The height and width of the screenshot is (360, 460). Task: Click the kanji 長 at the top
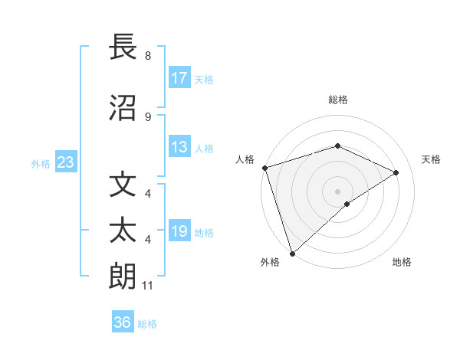coord(123,47)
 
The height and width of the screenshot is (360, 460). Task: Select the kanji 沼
coord(123,107)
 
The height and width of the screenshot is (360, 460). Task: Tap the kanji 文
coord(123,185)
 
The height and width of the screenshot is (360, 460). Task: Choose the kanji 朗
coord(123,276)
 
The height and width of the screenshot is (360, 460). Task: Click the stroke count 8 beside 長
coord(148,56)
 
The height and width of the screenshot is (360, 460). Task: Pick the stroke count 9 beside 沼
coord(148,116)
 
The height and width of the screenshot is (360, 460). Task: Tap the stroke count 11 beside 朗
coord(148,286)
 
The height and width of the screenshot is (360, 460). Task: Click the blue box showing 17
coord(179,78)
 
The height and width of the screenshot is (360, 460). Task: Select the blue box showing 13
coord(179,148)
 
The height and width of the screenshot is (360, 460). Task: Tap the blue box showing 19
coord(179,232)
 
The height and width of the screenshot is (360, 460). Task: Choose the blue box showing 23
coord(65,162)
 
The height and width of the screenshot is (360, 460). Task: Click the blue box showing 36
coord(123,322)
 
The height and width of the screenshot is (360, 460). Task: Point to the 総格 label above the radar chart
coord(337,100)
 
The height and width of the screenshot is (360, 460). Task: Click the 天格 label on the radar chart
coord(432,159)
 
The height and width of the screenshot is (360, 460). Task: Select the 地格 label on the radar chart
coord(402,263)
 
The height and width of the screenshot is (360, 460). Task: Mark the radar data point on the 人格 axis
coord(264,168)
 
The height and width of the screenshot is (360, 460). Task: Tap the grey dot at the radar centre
coord(337,191)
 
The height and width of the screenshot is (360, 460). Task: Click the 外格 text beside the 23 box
coord(41,163)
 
